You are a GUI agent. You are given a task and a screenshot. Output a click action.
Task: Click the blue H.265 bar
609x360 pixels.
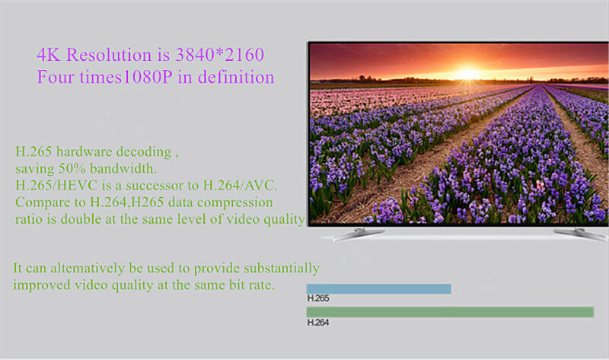click(378, 289)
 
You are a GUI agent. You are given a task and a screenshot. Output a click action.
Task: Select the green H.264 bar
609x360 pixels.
click(449, 312)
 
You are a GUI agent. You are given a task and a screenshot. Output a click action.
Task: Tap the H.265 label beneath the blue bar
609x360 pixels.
click(317, 298)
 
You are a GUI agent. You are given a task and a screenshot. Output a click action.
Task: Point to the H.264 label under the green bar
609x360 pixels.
click(317, 322)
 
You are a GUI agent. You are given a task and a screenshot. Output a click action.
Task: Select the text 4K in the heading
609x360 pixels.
click(47, 55)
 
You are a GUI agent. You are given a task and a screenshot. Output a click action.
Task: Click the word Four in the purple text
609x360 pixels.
click(55, 78)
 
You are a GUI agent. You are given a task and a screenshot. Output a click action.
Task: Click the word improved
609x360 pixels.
click(41, 285)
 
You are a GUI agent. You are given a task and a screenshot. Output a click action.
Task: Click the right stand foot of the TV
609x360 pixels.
click(579, 234)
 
